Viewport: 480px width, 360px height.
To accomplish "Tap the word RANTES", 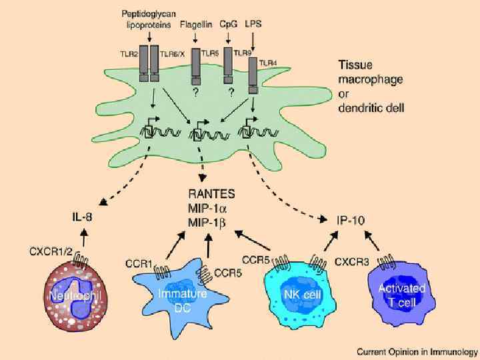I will [x=211, y=195].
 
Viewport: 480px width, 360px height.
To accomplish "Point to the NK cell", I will [x=293, y=294].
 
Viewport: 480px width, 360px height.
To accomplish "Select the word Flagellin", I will [x=196, y=25].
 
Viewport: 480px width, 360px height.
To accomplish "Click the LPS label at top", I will [x=253, y=24].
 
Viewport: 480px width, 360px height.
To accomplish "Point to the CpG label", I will [x=229, y=25].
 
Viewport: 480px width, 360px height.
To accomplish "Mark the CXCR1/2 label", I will [x=49, y=251].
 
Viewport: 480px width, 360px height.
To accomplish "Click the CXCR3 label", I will [x=351, y=262].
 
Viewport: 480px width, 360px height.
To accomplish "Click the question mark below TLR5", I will [x=196, y=93].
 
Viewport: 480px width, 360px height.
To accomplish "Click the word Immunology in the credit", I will [x=451, y=351].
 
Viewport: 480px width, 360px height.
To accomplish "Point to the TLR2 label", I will [x=131, y=51].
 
